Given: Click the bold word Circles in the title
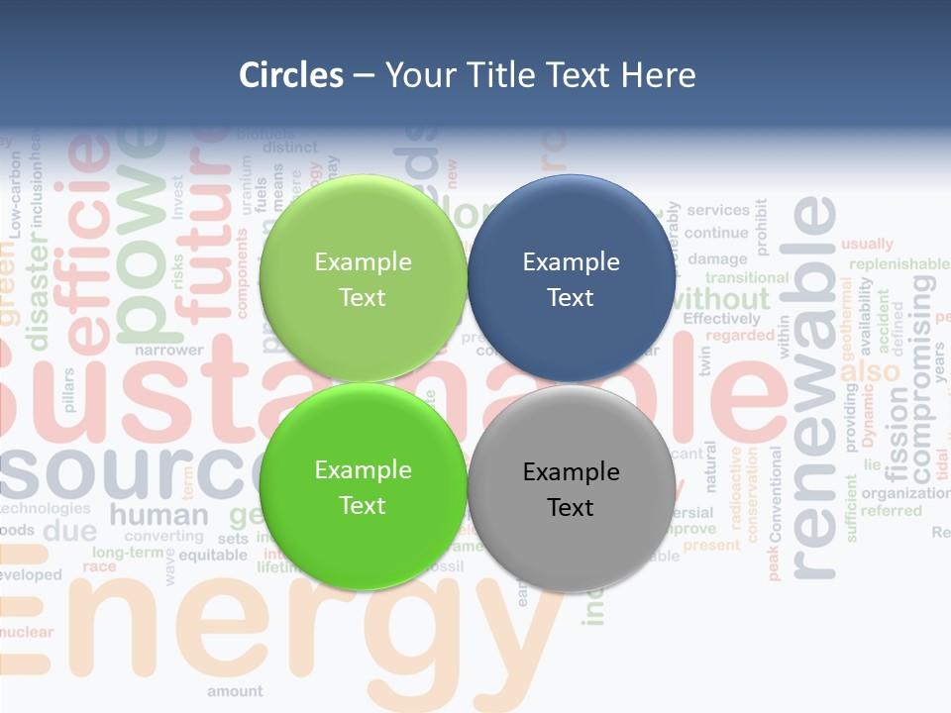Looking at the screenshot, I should tap(291, 75).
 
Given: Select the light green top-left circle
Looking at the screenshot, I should tap(363, 278).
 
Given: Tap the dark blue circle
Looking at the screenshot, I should tap(571, 278).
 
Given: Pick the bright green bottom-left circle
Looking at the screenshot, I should tap(363, 487).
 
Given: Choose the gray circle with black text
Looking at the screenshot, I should tap(571, 488).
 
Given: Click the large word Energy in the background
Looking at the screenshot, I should tap(287, 634).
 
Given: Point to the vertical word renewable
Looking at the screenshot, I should tap(814, 386).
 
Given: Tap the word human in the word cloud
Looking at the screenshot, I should tap(158, 515).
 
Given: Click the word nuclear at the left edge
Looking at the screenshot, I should tap(27, 632).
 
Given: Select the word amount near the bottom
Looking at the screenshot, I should tap(235, 691).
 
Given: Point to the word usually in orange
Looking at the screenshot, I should tap(867, 244).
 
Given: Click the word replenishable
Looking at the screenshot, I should tap(898, 264).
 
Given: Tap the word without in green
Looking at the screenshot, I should tap(726, 298).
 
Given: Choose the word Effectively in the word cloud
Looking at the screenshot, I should tap(721, 319).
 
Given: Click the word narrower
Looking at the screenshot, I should tap(168, 350).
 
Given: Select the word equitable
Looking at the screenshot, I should tap(213, 556).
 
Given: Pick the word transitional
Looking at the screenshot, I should tap(746, 278).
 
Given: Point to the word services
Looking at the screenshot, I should tap(717, 210).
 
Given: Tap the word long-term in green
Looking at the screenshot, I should tap(127, 552).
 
